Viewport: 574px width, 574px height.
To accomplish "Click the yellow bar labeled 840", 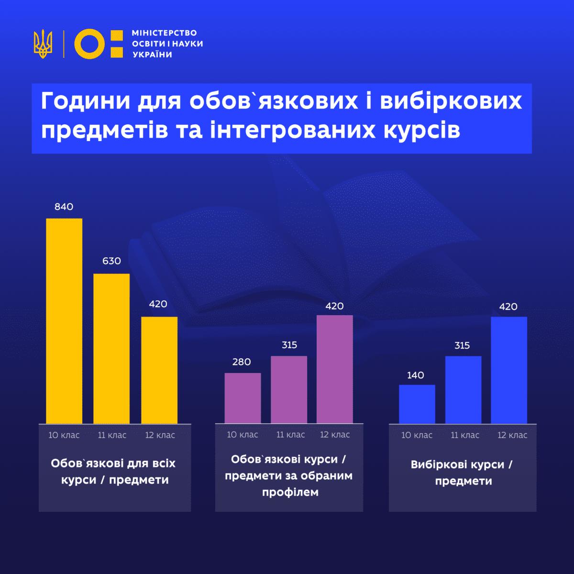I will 64,320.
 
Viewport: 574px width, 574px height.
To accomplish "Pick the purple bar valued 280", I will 243,398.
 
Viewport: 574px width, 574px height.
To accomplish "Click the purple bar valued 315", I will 289,389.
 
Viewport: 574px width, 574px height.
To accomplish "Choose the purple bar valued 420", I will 335,369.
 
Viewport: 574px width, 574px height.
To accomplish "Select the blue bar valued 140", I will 417,404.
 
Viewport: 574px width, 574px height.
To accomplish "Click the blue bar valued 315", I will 463,389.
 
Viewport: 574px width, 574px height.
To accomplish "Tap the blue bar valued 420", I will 509,370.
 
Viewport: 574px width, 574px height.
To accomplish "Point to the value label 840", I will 64,207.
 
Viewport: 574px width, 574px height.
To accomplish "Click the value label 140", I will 416,375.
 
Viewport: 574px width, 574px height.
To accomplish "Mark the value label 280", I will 242,362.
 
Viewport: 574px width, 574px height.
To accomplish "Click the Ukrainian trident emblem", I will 43,44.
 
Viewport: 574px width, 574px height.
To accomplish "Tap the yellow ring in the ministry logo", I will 89,44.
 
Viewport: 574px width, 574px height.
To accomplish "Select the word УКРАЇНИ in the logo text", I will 152,55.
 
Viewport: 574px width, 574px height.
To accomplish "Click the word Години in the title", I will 86,101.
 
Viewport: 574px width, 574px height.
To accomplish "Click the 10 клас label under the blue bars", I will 417,435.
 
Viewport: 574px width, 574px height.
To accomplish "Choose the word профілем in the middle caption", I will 290,492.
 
